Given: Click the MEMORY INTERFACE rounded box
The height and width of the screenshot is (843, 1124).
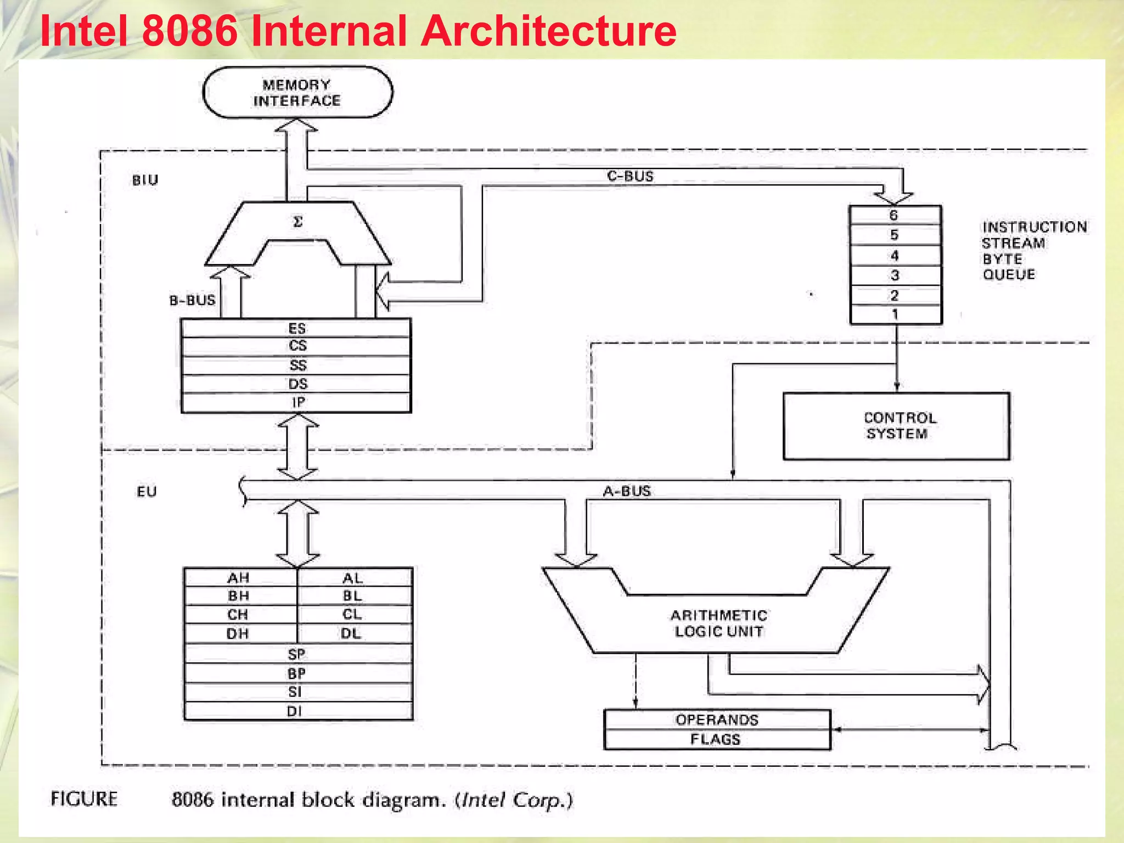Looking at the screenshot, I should tap(297, 92).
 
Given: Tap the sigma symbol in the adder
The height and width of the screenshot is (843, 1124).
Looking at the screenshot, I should tap(297, 222).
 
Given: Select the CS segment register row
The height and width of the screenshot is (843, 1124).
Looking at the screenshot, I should tap(297, 346).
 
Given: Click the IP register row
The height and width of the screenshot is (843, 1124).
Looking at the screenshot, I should tap(297, 402).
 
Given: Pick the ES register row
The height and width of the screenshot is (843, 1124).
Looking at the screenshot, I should tap(297, 328).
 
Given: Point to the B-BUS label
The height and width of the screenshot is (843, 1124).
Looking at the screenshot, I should tap(192, 300).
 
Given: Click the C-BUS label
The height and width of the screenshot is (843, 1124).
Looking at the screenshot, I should tap(630, 176).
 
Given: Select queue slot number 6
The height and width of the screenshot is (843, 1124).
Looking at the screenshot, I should tap(895, 215).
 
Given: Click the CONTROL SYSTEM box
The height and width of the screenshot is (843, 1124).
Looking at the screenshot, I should tap(896, 426).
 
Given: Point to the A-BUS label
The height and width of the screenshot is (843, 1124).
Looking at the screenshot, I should tap(627, 491).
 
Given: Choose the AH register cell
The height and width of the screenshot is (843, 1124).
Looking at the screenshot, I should tap(239, 577).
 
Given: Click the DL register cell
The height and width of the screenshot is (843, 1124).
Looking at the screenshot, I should tap(351, 633).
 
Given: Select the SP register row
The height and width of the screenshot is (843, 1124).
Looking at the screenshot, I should tap(297, 654).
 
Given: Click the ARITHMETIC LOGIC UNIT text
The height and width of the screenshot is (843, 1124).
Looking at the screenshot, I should tap(718, 623).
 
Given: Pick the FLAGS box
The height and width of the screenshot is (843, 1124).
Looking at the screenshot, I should tap(716, 739).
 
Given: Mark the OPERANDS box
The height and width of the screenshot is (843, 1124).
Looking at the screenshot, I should tap(717, 720).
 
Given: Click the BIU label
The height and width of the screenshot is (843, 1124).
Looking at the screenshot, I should tap(145, 180).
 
